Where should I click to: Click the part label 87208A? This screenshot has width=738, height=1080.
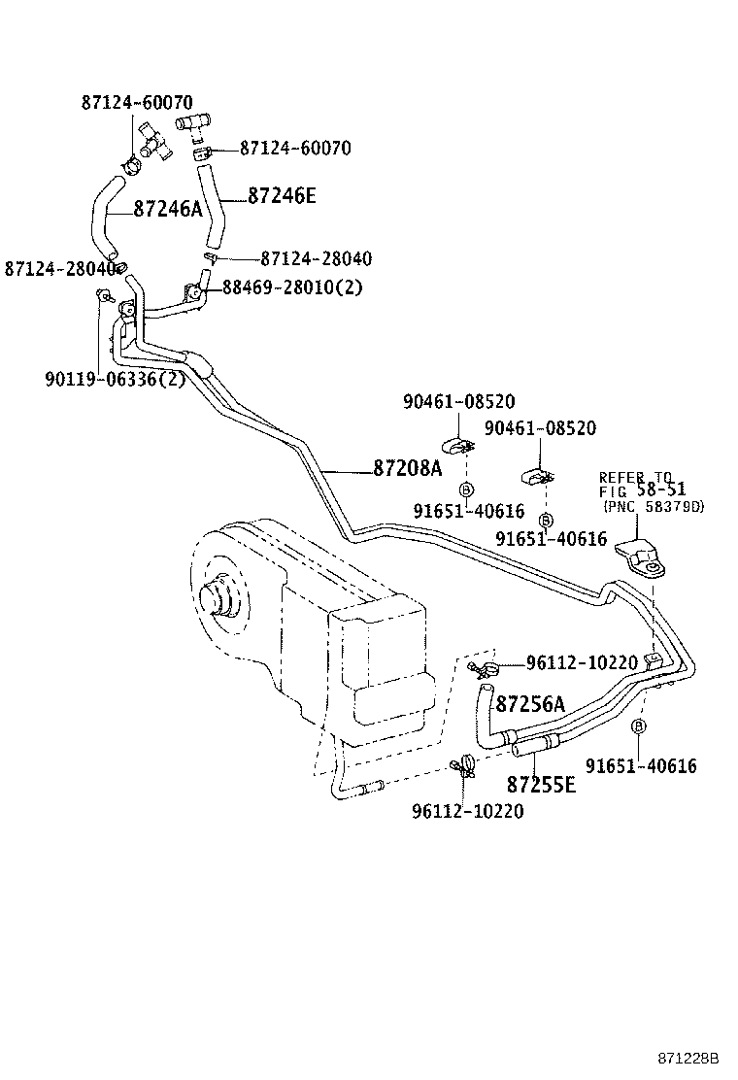(407, 469)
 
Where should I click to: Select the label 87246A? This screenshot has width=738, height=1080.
(168, 209)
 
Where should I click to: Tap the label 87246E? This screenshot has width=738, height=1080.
(282, 195)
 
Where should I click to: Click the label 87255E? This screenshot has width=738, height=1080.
(541, 783)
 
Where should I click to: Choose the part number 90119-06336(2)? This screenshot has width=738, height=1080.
(115, 379)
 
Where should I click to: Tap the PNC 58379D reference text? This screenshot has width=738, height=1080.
(654, 507)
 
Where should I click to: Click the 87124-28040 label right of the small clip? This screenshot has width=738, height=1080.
(316, 259)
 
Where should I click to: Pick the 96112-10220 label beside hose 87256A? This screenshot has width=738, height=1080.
(582, 663)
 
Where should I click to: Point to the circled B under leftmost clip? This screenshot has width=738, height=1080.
(465, 489)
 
